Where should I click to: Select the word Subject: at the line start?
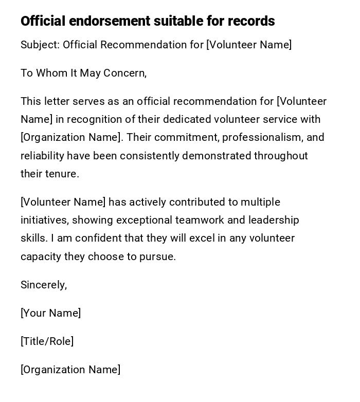pyautogui.click(x=40, y=45)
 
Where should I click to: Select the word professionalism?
pyautogui.click(x=262, y=137)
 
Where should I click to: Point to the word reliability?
pyautogui.click(x=42, y=156)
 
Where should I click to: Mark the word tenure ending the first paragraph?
pyautogui.click(x=61, y=174)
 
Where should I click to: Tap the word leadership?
pyautogui.click(x=274, y=220)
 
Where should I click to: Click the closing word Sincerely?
pyautogui.click(x=43, y=285)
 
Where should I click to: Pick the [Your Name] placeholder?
pyautogui.click(x=51, y=313)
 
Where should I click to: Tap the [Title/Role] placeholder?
pyautogui.click(x=47, y=341)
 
